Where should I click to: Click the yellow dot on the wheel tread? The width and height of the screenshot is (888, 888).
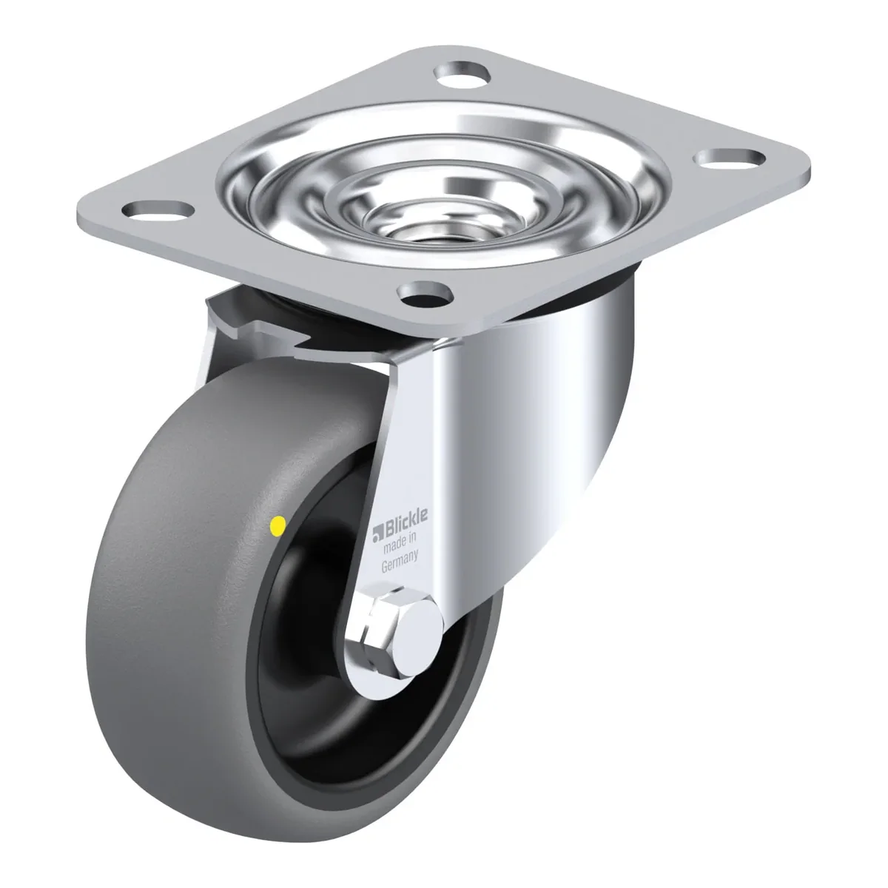pos(278,525)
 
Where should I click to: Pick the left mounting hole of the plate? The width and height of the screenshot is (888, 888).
pos(157,211)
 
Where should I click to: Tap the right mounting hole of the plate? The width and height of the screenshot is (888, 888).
pos(730,159)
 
